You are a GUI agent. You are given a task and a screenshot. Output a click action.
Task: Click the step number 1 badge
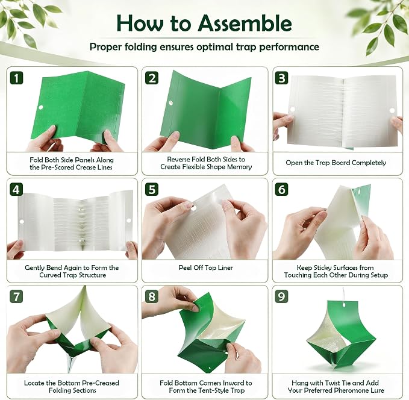(x=17, y=78)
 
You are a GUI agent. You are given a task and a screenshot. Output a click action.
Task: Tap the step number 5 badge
(x=152, y=189)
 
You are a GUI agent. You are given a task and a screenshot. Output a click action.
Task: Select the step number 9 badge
(x=282, y=296)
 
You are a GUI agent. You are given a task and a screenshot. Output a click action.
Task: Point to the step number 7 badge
(x=16, y=296)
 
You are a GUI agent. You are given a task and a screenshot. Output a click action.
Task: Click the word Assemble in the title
(x=245, y=23)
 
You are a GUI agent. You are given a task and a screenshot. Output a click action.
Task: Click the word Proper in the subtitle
(x=105, y=47)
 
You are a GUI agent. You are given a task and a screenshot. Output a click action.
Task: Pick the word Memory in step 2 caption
(x=239, y=167)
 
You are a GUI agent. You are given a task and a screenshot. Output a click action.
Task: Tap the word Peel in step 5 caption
(x=185, y=267)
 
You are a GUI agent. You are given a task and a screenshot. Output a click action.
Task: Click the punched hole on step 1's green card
(x=41, y=107)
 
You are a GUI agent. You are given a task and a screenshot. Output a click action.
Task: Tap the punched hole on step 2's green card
(x=170, y=103)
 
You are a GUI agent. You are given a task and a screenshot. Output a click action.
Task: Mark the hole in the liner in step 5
(x=194, y=208)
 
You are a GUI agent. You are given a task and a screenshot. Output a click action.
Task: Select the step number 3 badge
(x=282, y=78)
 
